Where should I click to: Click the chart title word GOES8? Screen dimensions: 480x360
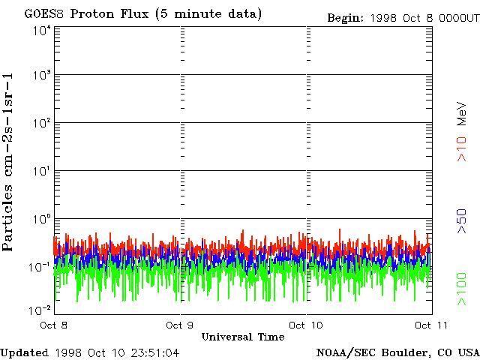pos(44,14)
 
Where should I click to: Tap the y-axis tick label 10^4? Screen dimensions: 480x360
pos(42,30)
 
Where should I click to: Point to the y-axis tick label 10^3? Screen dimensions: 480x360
pos(42,75)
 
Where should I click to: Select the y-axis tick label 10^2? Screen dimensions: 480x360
pos(42,123)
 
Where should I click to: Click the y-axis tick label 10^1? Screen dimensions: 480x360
pos(42,171)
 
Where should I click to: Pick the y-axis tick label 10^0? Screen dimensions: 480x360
pos(42,219)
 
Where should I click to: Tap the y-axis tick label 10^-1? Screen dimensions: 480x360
pos(40,267)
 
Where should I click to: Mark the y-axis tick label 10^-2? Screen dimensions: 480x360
pos(40,310)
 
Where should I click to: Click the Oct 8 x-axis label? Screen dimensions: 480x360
pos(53,325)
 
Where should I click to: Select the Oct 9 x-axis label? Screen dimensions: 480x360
pos(180,325)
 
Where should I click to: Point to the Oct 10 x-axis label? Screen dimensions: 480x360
pos(306,325)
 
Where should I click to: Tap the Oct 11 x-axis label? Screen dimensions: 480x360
pos(431,325)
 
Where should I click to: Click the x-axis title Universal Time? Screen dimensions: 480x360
pos(243,337)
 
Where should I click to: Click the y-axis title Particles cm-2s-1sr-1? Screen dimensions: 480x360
pos(8,162)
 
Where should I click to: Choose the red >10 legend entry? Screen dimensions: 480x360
pos(462,149)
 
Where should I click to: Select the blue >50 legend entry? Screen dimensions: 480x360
pos(462,221)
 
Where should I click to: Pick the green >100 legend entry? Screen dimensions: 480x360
pos(462,289)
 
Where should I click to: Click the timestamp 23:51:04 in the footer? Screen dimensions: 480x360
pos(155,353)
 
